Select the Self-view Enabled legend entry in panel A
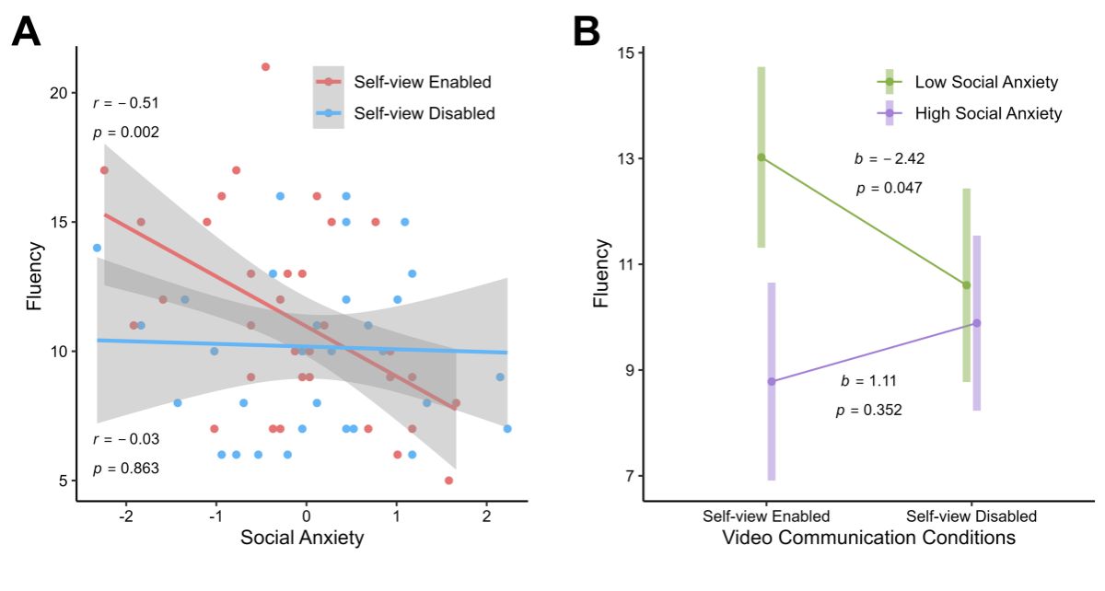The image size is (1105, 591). [423, 82]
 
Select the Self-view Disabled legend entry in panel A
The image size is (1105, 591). [425, 113]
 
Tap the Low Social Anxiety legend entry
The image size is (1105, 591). [986, 82]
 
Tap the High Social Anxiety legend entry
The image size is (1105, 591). [988, 114]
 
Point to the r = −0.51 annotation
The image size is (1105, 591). [126, 103]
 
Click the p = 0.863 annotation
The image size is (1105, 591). [126, 469]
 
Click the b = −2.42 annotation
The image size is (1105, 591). [889, 158]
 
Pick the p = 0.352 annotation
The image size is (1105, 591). [868, 411]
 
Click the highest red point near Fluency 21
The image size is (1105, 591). [265, 66]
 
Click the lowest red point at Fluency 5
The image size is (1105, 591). [448, 481]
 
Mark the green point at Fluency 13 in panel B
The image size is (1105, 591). [761, 157]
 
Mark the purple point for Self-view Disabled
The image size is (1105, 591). [976, 323]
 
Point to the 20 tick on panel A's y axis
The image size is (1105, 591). [57, 93]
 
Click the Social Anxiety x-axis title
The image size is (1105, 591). [302, 539]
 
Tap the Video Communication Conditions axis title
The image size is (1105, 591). [869, 537]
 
